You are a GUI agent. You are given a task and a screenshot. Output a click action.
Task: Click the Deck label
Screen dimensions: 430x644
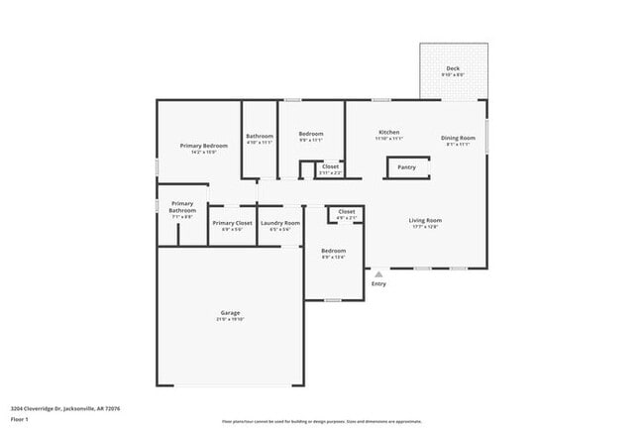453,68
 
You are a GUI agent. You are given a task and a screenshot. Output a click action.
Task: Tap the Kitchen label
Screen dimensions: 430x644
388,133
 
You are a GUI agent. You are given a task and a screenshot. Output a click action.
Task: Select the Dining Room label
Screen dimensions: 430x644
458,138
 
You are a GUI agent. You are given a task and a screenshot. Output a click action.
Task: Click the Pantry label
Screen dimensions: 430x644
406,167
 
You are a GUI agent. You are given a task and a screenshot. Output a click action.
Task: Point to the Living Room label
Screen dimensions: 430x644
425,220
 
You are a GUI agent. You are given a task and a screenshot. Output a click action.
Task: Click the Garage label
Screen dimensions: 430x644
230,313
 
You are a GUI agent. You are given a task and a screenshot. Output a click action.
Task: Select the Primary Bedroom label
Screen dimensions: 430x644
203,146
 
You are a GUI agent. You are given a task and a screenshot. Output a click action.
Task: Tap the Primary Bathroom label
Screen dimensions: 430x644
181,207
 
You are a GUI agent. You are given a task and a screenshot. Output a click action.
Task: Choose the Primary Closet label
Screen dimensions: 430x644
232,223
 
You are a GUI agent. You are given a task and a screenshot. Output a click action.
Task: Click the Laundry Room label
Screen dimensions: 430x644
279,223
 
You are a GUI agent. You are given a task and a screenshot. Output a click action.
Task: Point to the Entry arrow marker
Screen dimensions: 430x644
377,273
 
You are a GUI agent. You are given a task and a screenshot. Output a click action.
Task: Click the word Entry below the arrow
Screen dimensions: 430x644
378,284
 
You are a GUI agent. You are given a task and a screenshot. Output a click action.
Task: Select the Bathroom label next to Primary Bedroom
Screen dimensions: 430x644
260,136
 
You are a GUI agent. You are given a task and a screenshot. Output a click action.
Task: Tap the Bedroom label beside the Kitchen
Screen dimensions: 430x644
311,133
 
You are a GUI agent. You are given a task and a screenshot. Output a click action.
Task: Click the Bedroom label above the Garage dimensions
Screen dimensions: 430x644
333,251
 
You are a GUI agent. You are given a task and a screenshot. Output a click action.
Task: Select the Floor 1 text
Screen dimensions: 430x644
19,417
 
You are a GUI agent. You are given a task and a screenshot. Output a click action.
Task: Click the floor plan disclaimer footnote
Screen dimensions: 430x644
321,421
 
